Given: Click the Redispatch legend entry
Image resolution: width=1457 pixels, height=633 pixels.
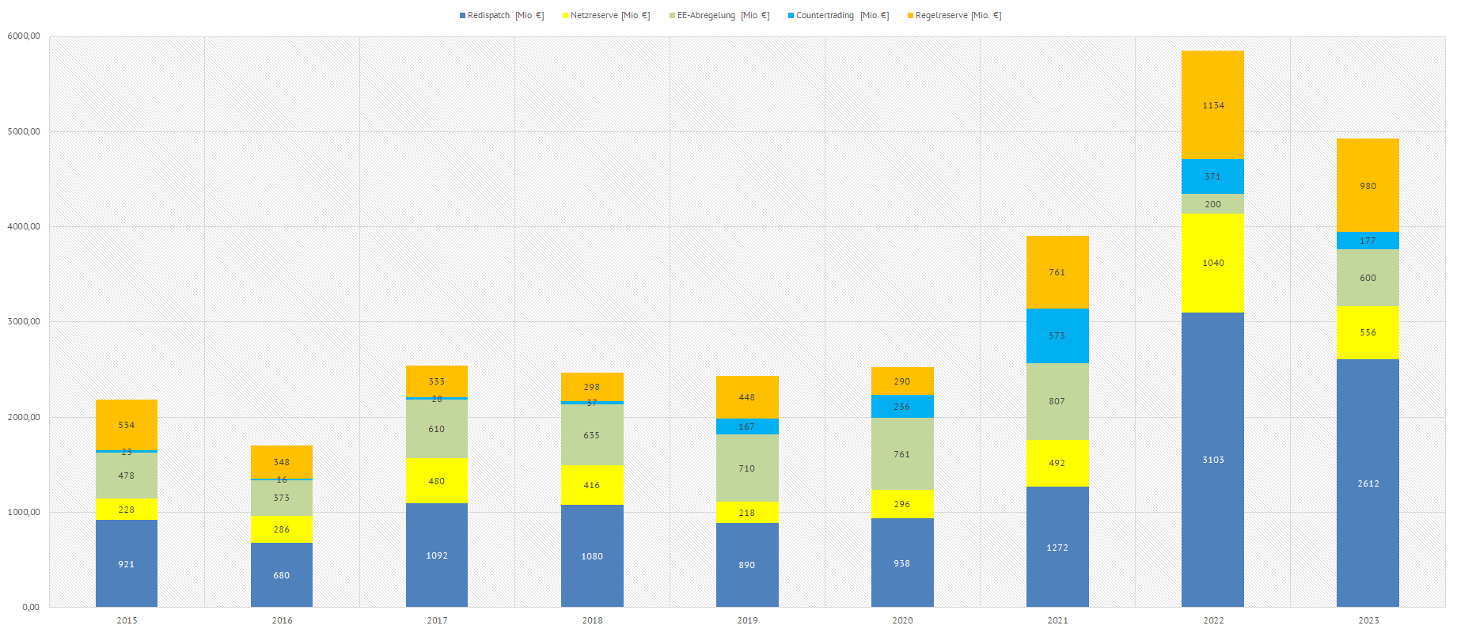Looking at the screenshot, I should [x=501, y=16].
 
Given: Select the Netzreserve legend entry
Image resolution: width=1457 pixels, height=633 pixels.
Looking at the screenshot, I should [x=606, y=16].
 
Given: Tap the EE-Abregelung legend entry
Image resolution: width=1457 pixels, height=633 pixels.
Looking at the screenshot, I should [x=719, y=16].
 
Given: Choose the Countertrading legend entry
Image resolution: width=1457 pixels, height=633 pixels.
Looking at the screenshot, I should [x=838, y=16].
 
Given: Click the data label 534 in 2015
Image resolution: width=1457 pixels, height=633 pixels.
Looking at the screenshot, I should [x=127, y=425].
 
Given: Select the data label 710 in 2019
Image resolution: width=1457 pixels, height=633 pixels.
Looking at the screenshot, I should [x=747, y=468].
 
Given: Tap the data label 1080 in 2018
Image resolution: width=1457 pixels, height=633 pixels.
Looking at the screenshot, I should [x=592, y=556].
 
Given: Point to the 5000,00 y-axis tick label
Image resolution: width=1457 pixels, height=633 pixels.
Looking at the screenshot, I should [x=24, y=131].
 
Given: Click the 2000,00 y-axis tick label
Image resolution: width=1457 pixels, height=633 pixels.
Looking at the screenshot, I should [x=24, y=417].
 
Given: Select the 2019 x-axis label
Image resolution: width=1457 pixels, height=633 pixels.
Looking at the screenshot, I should [x=747, y=620].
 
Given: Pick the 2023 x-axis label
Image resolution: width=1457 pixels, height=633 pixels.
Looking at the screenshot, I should [x=1368, y=620].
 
